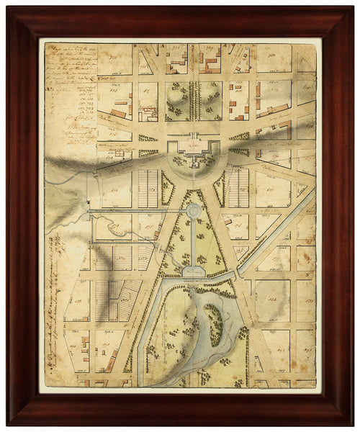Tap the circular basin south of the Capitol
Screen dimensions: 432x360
click(193, 210)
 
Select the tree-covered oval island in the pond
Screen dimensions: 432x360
click(213, 323)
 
